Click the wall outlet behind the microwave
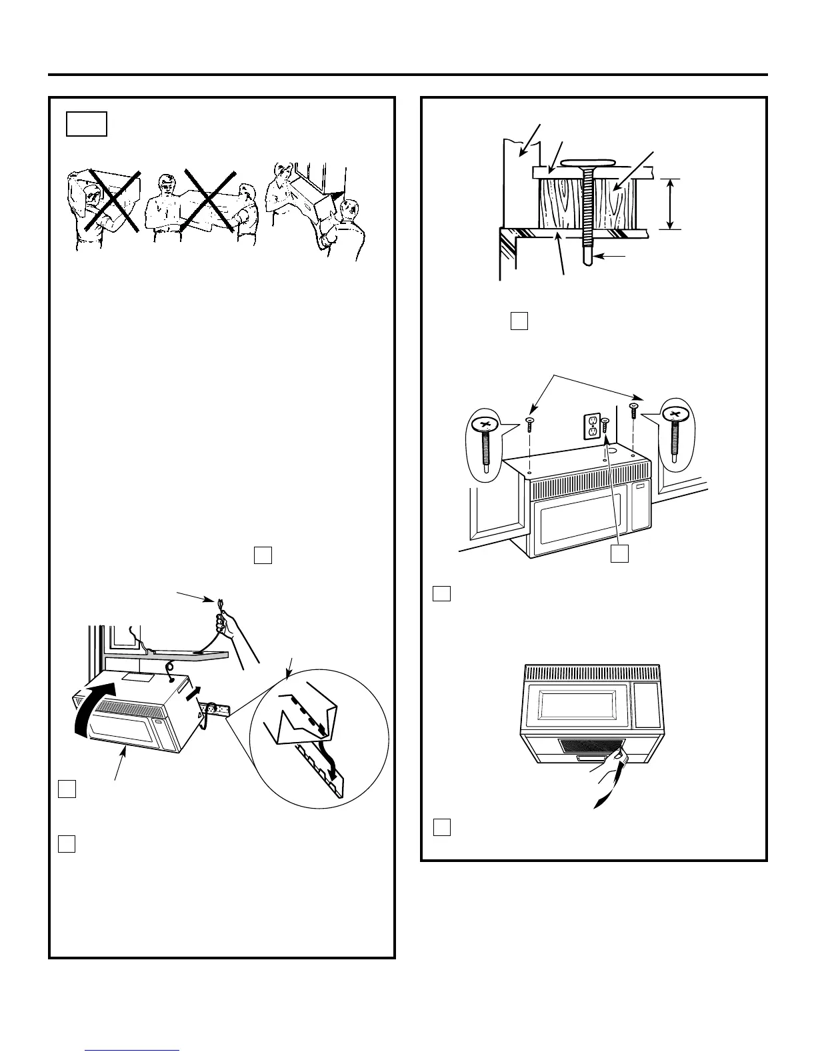click(591, 427)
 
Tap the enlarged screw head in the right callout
click(677, 415)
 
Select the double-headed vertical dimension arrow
click(670, 204)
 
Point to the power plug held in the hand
click(217, 603)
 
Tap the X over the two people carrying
click(209, 201)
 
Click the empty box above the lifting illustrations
click(87, 124)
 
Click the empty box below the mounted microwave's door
click(620, 553)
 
